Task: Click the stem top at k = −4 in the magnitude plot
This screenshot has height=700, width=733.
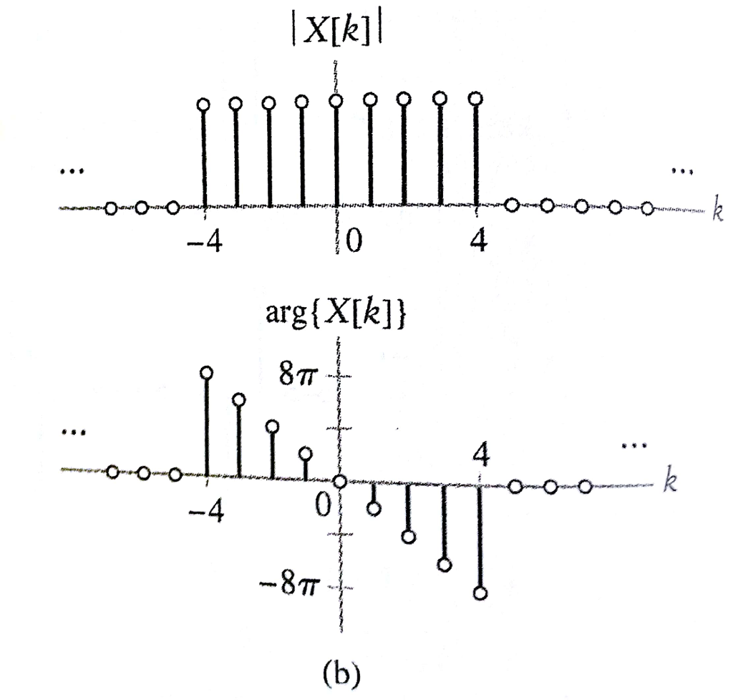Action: point(204,104)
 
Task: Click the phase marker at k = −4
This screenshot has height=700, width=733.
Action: point(206,372)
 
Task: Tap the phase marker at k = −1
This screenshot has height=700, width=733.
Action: point(306,453)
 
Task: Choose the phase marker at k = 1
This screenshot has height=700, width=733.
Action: point(374,508)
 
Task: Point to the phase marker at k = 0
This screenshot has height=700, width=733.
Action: point(339,481)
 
